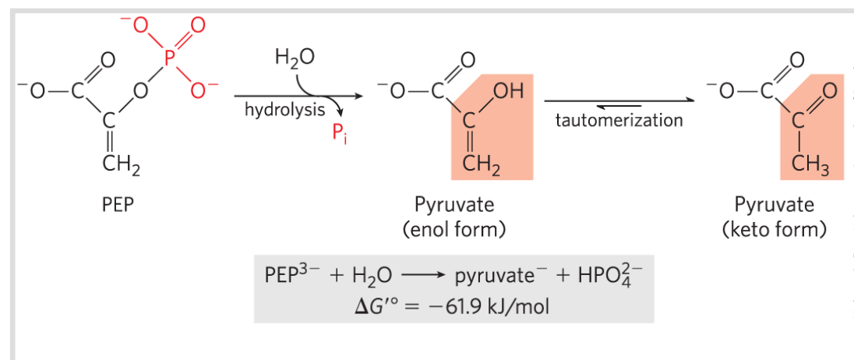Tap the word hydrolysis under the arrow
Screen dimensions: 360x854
(x=284, y=110)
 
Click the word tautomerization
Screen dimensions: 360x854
(x=619, y=120)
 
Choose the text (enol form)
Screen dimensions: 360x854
(x=454, y=230)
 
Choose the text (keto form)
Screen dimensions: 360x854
(x=775, y=230)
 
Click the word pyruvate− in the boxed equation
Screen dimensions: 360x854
(x=496, y=277)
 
